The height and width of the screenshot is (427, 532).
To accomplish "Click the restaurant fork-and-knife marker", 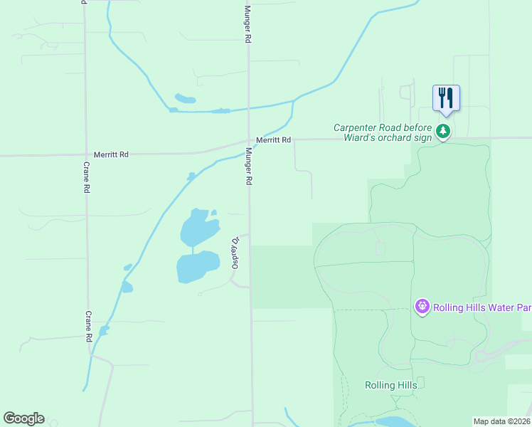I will coord(446,97).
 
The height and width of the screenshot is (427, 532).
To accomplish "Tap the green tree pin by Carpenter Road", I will coord(443,131).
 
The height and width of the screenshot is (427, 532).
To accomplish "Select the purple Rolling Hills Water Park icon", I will coord(422,307).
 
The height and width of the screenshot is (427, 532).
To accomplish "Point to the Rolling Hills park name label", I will coord(390,385).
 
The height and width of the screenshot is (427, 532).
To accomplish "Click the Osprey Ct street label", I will coord(231,253).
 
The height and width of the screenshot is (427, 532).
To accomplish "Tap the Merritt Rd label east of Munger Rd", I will coord(274,140).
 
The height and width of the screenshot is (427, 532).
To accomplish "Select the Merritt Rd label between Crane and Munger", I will coord(111,154).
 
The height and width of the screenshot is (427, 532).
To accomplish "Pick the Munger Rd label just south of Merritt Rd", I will coord(249,167).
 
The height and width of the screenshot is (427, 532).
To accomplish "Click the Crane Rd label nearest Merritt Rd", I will coord(86,181).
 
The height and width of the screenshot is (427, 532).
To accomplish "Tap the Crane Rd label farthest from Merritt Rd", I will coord(89,326).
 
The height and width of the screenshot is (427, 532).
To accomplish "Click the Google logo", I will coord(23,418).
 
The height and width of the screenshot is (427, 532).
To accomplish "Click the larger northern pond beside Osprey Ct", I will coord(198,228).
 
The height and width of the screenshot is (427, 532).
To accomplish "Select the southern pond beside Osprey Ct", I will coord(198,267).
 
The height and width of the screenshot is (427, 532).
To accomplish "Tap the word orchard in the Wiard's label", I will coord(396,137).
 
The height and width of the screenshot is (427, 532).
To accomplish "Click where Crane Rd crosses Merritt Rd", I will coord(85,154).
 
